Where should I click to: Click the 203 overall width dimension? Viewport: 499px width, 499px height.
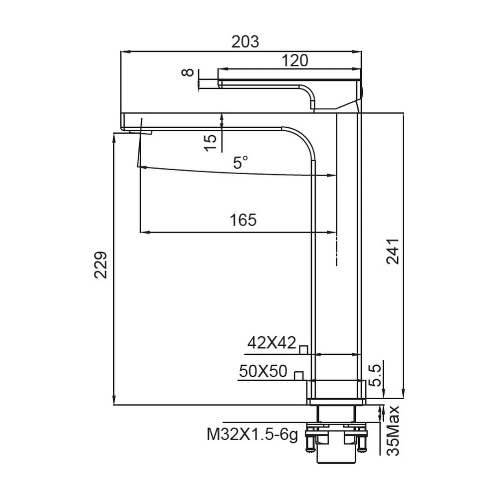[x=245, y=42]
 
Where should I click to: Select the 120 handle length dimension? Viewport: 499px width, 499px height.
[x=295, y=60]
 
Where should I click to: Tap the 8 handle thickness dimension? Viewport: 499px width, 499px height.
[x=188, y=72]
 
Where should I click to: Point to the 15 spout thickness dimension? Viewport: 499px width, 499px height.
[x=210, y=143]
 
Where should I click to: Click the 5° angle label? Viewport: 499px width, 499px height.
[x=241, y=163]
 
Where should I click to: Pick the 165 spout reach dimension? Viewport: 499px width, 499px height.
[x=243, y=220]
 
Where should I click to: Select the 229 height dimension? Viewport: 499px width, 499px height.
[x=101, y=265]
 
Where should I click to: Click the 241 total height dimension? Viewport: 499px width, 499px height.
[x=392, y=251]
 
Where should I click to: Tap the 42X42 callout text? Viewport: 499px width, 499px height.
[x=272, y=343]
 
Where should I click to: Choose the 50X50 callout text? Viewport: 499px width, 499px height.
[x=263, y=371]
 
